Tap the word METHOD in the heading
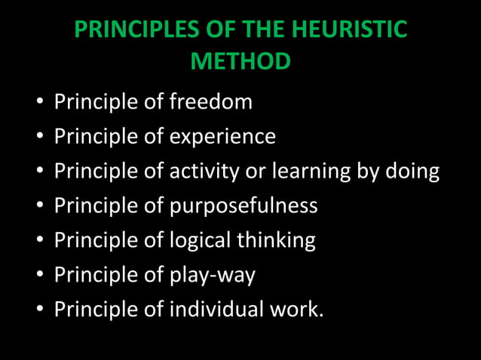(240, 61)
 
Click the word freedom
(211, 102)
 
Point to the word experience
(222, 137)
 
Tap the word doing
(408, 171)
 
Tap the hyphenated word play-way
(213, 275)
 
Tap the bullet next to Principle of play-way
(38, 276)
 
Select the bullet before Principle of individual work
(38, 310)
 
